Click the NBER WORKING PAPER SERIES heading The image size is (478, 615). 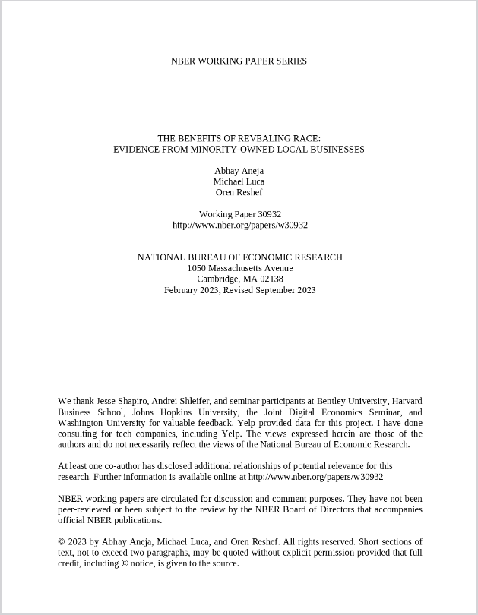[239, 61]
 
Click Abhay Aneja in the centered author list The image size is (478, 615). [239, 171]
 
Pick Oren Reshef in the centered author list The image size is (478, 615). [239, 192]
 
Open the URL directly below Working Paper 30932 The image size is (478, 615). [239, 225]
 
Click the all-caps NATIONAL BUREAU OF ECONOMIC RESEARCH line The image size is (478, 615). [239, 257]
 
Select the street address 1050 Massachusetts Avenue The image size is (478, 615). [239, 268]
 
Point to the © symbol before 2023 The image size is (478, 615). [62, 542]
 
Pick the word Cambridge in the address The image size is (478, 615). [218, 279]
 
